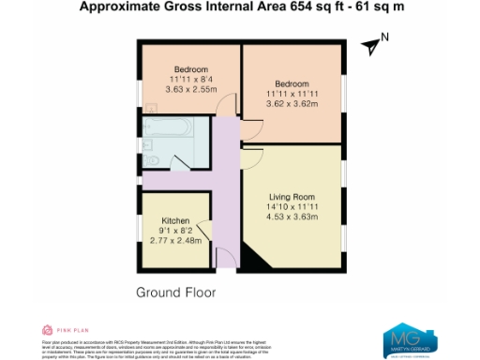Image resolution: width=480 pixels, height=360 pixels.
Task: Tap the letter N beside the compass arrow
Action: pyautogui.click(x=383, y=39)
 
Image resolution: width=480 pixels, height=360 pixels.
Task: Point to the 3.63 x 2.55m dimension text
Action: pyautogui.click(x=190, y=90)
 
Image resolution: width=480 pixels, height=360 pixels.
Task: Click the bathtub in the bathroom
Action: pyautogui.click(x=168, y=127)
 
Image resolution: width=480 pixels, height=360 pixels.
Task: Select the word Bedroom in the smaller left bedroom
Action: pyautogui.click(x=190, y=67)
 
